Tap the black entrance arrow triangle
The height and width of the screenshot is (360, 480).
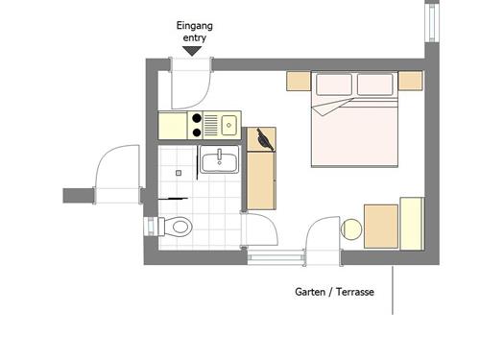(193, 51)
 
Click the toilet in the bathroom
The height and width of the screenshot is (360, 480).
(176, 227)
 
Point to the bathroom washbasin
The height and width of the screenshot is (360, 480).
(220, 161)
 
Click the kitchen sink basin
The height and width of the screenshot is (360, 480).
(229, 124)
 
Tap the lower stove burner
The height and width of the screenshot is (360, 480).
(197, 132)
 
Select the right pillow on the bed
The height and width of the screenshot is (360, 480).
(375, 85)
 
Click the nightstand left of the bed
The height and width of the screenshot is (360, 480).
(298, 82)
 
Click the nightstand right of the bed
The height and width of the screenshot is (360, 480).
(411, 82)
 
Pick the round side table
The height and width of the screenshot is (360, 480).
(352, 229)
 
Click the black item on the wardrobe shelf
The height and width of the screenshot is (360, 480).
(265, 140)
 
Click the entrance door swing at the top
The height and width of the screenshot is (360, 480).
(188, 85)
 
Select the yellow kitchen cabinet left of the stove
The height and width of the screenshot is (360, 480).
(173, 125)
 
